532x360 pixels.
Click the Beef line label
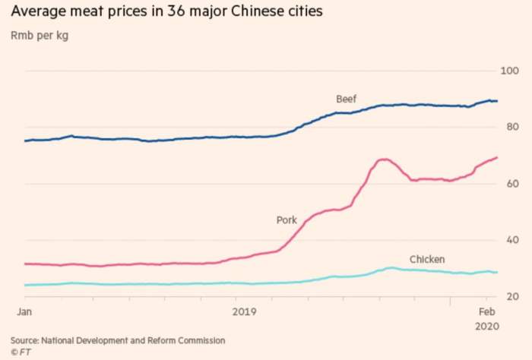(346, 99)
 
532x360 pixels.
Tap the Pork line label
(287, 220)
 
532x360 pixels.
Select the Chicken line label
(427, 259)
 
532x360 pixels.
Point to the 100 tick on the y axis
(508, 71)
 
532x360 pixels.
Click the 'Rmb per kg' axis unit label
(40, 36)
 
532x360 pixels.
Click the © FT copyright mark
(20, 352)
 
